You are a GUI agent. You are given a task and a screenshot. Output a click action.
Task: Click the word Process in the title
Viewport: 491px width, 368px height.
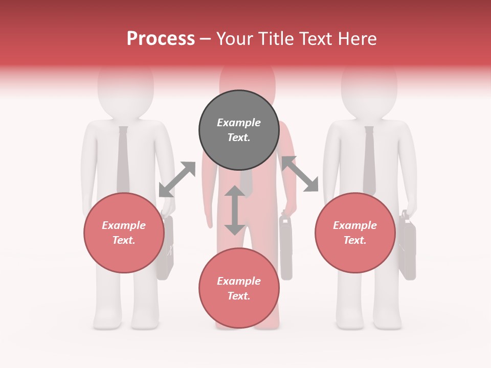coord(161,39)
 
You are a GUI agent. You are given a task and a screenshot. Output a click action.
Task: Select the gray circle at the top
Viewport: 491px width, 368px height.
coord(239,130)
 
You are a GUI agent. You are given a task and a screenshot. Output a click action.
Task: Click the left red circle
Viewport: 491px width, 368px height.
coord(124,233)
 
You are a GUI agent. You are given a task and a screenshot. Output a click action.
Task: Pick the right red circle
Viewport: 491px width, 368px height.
coord(355,233)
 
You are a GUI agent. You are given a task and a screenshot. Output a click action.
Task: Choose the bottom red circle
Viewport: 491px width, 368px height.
coord(239,288)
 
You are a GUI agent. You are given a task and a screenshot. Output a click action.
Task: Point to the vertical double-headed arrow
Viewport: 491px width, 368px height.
coord(235,210)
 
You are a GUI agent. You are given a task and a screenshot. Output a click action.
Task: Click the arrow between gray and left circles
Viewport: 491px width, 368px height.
coord(177,179)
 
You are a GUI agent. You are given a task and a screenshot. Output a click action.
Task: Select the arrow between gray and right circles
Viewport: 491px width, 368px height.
coord(300,174)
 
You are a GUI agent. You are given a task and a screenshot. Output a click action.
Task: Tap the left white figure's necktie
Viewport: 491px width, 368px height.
coord(123,158)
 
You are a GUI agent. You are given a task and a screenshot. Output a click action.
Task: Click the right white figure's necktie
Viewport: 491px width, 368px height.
coord(369,158)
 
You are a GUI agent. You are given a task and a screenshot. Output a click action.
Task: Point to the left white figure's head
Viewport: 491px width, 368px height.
coord(125,89)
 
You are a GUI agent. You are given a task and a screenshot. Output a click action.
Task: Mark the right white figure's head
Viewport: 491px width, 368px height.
coord(369,89)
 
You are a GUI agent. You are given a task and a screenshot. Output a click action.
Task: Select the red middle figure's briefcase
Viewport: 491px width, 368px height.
coord(286,248)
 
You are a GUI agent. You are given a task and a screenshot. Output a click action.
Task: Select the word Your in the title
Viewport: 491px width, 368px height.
coord(236,39)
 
